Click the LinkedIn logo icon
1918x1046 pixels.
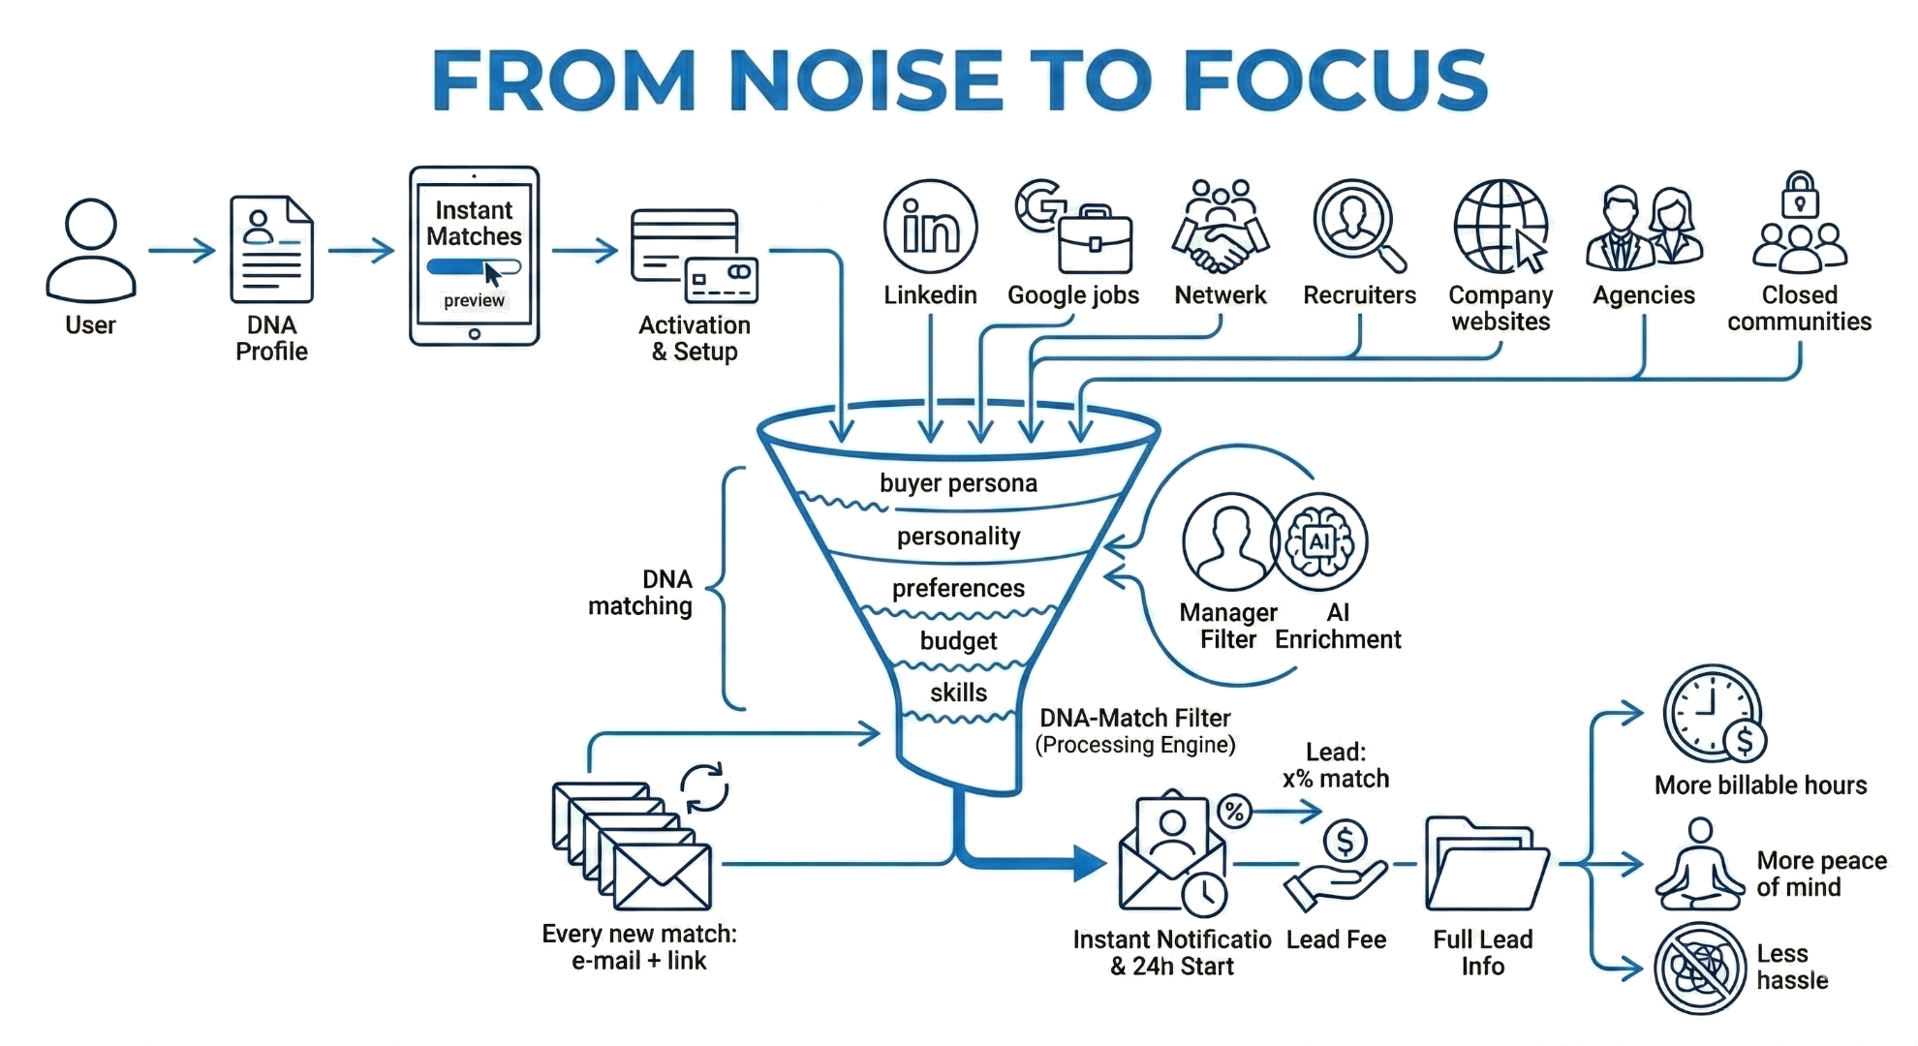click(930, 229)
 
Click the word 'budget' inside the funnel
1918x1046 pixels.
click(958, 641)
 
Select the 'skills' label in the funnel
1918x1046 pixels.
click(958, 693)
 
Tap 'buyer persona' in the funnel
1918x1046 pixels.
click(958, 483)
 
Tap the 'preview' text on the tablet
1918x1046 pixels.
click(474, 301)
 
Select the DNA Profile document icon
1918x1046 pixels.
click(271, 249)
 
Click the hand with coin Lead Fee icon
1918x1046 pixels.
click(1337, 864)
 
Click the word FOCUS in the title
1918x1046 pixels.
click(1335, 79)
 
